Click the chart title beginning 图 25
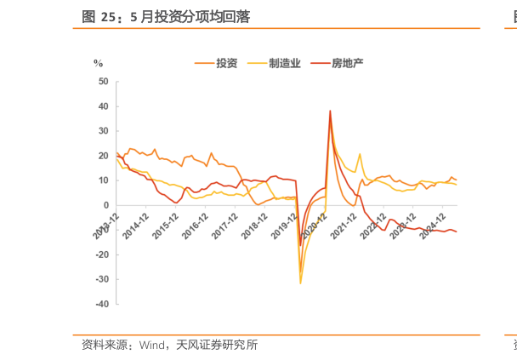(x=166, y=16)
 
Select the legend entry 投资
(x=226, y=63)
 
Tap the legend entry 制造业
(x=284, y=63)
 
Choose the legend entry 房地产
(x=346, y=63)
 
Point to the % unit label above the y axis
(x=98, y=63)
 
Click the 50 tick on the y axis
(x=104, y=82)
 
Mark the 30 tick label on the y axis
(x=104, y=131)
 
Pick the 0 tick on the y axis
(x=106, y=205)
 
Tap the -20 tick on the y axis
(x=102, y=254)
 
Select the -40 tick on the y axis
(x=102, y=304)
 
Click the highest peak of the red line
(x=330, y=111)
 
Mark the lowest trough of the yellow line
(x=300, y=283)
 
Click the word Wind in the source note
(x=151, y=345)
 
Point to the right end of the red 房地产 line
(x=457, y=231)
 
